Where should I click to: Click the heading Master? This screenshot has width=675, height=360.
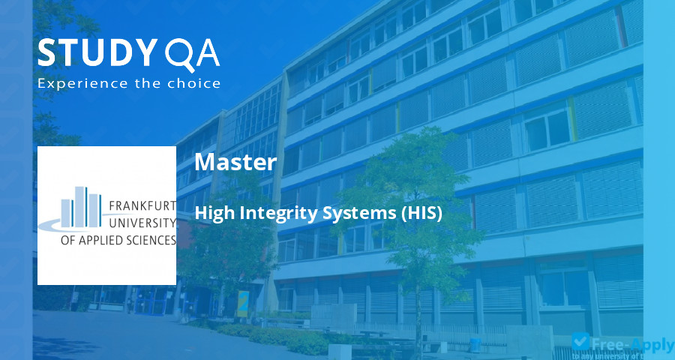(235, 162)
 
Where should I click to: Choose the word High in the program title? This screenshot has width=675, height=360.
(214, 214)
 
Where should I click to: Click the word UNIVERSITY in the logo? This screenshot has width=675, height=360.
(142, 223)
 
